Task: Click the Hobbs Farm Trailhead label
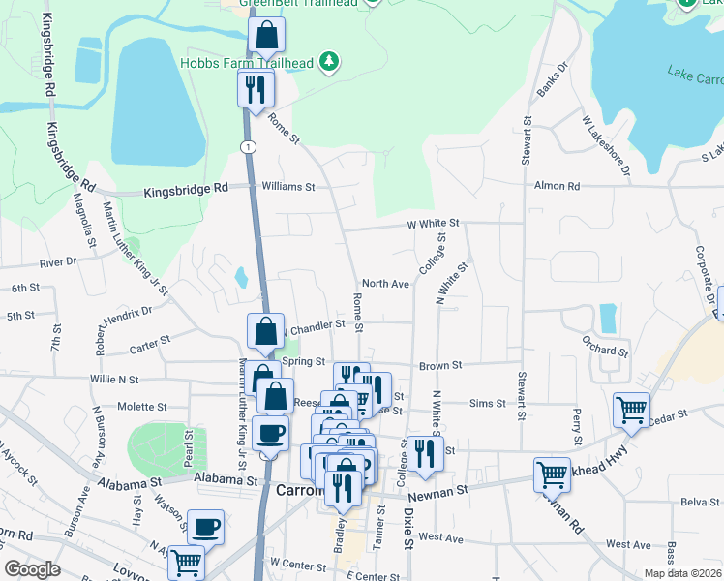coord(247,64)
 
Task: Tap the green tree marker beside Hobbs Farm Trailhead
coord(331,63)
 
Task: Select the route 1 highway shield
coord(249,146)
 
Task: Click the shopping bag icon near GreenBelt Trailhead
coord(266,36)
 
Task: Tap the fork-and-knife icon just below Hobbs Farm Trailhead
coord(256,89)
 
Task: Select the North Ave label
coord(386,284)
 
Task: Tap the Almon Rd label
coord(557,185)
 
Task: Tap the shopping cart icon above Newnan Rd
coord(552,474)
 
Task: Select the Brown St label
coord(440,366)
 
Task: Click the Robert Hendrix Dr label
coord(123,328)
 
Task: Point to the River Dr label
coord(58,262)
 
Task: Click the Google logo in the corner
coord(32,569)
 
